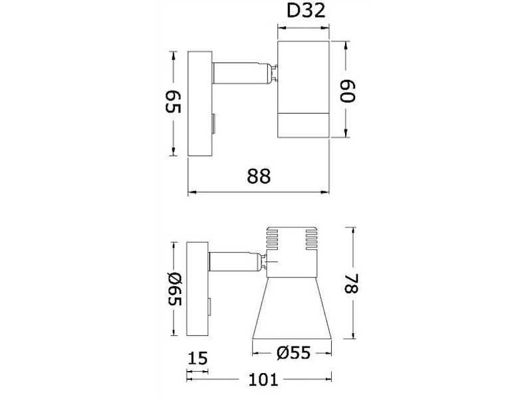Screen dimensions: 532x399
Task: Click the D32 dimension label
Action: [306, 11]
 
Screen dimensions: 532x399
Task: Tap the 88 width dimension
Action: [259, 176]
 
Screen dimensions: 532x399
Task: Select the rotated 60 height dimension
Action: [347, 91]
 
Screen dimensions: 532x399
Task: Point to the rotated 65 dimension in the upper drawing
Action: [173, 102]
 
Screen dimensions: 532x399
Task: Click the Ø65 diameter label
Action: [175, 289]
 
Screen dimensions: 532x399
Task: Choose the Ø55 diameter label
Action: [293, 353]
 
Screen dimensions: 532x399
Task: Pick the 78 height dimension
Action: [352, 283]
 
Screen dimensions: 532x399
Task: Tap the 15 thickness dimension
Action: [198, 358]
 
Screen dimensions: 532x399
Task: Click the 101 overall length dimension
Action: [263, 380]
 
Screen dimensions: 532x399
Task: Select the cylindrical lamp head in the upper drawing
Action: [303, 90]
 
